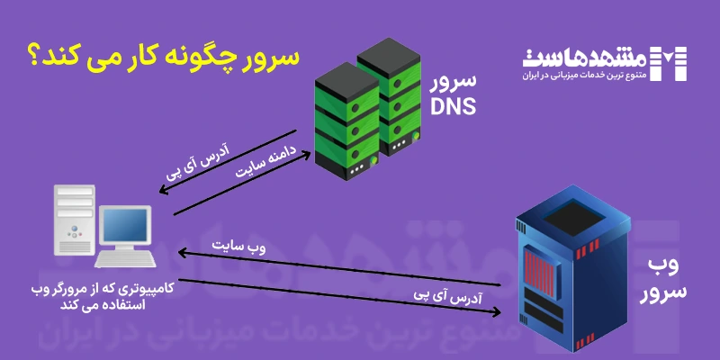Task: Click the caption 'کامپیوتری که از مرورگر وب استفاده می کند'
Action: [x=98, y=298]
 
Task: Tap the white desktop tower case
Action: [x=74, y=221]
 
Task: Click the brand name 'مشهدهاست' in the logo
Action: [x=588, y=58]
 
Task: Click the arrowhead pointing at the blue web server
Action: [x=496, y=312]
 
